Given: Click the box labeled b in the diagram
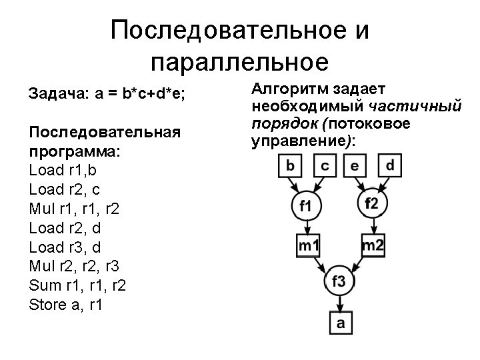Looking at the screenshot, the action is (x=291, y=165).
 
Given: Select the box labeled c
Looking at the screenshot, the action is (x=325, y=165).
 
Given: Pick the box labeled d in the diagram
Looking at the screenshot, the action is (x=390, y=165).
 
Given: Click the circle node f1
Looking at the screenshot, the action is (x=305, y=205).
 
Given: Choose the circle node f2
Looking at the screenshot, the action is (x=371, y=203).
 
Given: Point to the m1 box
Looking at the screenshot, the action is (x=309, y=246).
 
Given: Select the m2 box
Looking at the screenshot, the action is (x=373, y=245).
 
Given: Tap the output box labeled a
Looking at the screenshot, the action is (x=340, y=323).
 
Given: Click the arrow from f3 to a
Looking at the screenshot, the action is (x=339, y=304).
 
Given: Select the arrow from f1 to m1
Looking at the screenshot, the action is (x=306, y=226).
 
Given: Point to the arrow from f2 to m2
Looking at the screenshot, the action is (x=372, y=225).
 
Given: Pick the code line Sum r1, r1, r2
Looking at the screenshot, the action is (x=78, y=286).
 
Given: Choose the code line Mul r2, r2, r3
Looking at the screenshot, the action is (x=75, y=267).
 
